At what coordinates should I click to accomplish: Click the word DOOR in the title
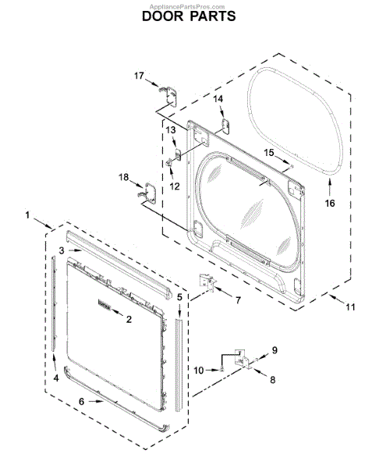tap(163, 16)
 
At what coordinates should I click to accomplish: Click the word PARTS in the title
tap(213, 16)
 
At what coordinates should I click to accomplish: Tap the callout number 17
tap(139, 76)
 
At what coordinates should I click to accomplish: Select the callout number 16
tap(330, 204)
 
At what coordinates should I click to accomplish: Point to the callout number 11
tap(350, 307)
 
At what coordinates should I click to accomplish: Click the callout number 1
tap(27, 215)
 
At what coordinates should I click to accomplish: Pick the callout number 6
tap(81, 402)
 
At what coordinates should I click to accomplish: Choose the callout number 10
tap(199, 370)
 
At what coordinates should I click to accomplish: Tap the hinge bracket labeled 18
tap(148, 193)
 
